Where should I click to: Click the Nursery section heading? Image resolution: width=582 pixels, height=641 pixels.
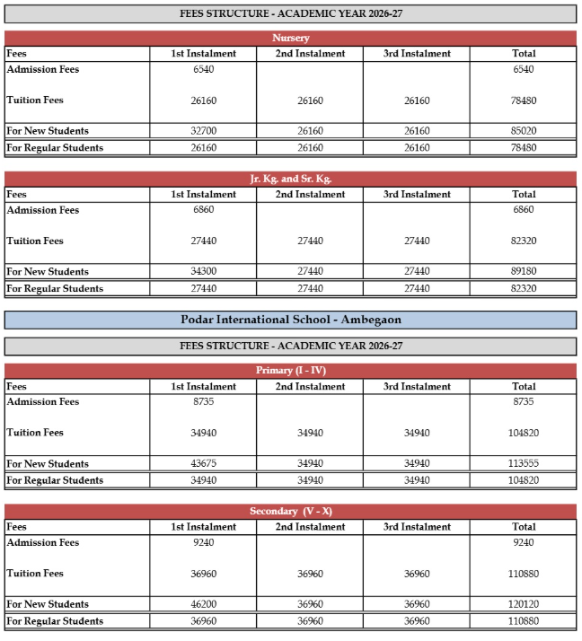point(290,39)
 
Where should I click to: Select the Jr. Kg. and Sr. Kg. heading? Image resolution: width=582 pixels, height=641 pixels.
point(290,180)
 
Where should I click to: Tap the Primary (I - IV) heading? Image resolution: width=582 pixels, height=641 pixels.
point(290,371)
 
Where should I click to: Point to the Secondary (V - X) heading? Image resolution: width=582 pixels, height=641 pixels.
point(290,512)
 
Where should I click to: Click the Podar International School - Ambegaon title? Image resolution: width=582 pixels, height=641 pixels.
point(290,320)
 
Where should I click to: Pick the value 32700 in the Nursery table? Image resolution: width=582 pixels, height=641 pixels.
point(203,131)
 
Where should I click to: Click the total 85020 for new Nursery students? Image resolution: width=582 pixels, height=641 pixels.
point(524,131)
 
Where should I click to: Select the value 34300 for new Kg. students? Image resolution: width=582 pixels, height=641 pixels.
point(203,272)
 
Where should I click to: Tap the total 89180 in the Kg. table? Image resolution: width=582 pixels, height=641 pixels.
point(524,272)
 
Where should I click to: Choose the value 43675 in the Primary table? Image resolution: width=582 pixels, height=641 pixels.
point(203,464)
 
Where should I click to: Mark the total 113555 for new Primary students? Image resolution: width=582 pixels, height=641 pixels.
point(524,464)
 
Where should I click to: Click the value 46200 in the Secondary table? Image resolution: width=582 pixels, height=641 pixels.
point(203,604)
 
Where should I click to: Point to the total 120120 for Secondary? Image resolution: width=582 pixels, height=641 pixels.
point(524,604)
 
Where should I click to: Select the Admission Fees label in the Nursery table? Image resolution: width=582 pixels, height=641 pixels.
point(43,69)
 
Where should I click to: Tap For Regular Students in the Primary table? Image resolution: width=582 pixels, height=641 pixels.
point(55,480)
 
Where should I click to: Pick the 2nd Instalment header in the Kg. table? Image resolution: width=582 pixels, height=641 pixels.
point(310,194)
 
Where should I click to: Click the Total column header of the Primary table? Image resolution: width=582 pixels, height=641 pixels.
point(524,387)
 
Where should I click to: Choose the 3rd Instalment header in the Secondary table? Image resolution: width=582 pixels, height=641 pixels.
point(417,527)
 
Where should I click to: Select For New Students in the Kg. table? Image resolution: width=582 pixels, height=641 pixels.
point(48,272)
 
